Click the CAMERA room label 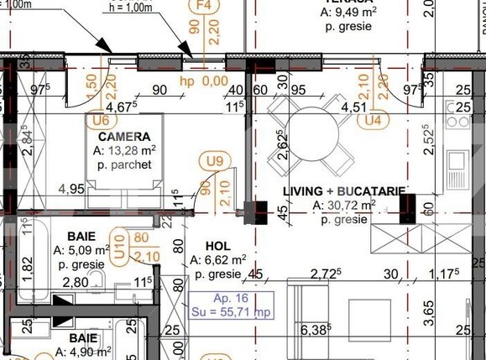(124, 137)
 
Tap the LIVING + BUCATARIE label (344, 191)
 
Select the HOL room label (205, 246)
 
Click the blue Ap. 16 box (232, 305)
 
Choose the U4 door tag (368, 120)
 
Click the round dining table (311, 128)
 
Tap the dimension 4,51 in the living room (353, 107)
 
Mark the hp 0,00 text (204, 81)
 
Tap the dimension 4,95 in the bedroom (71, 189)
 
